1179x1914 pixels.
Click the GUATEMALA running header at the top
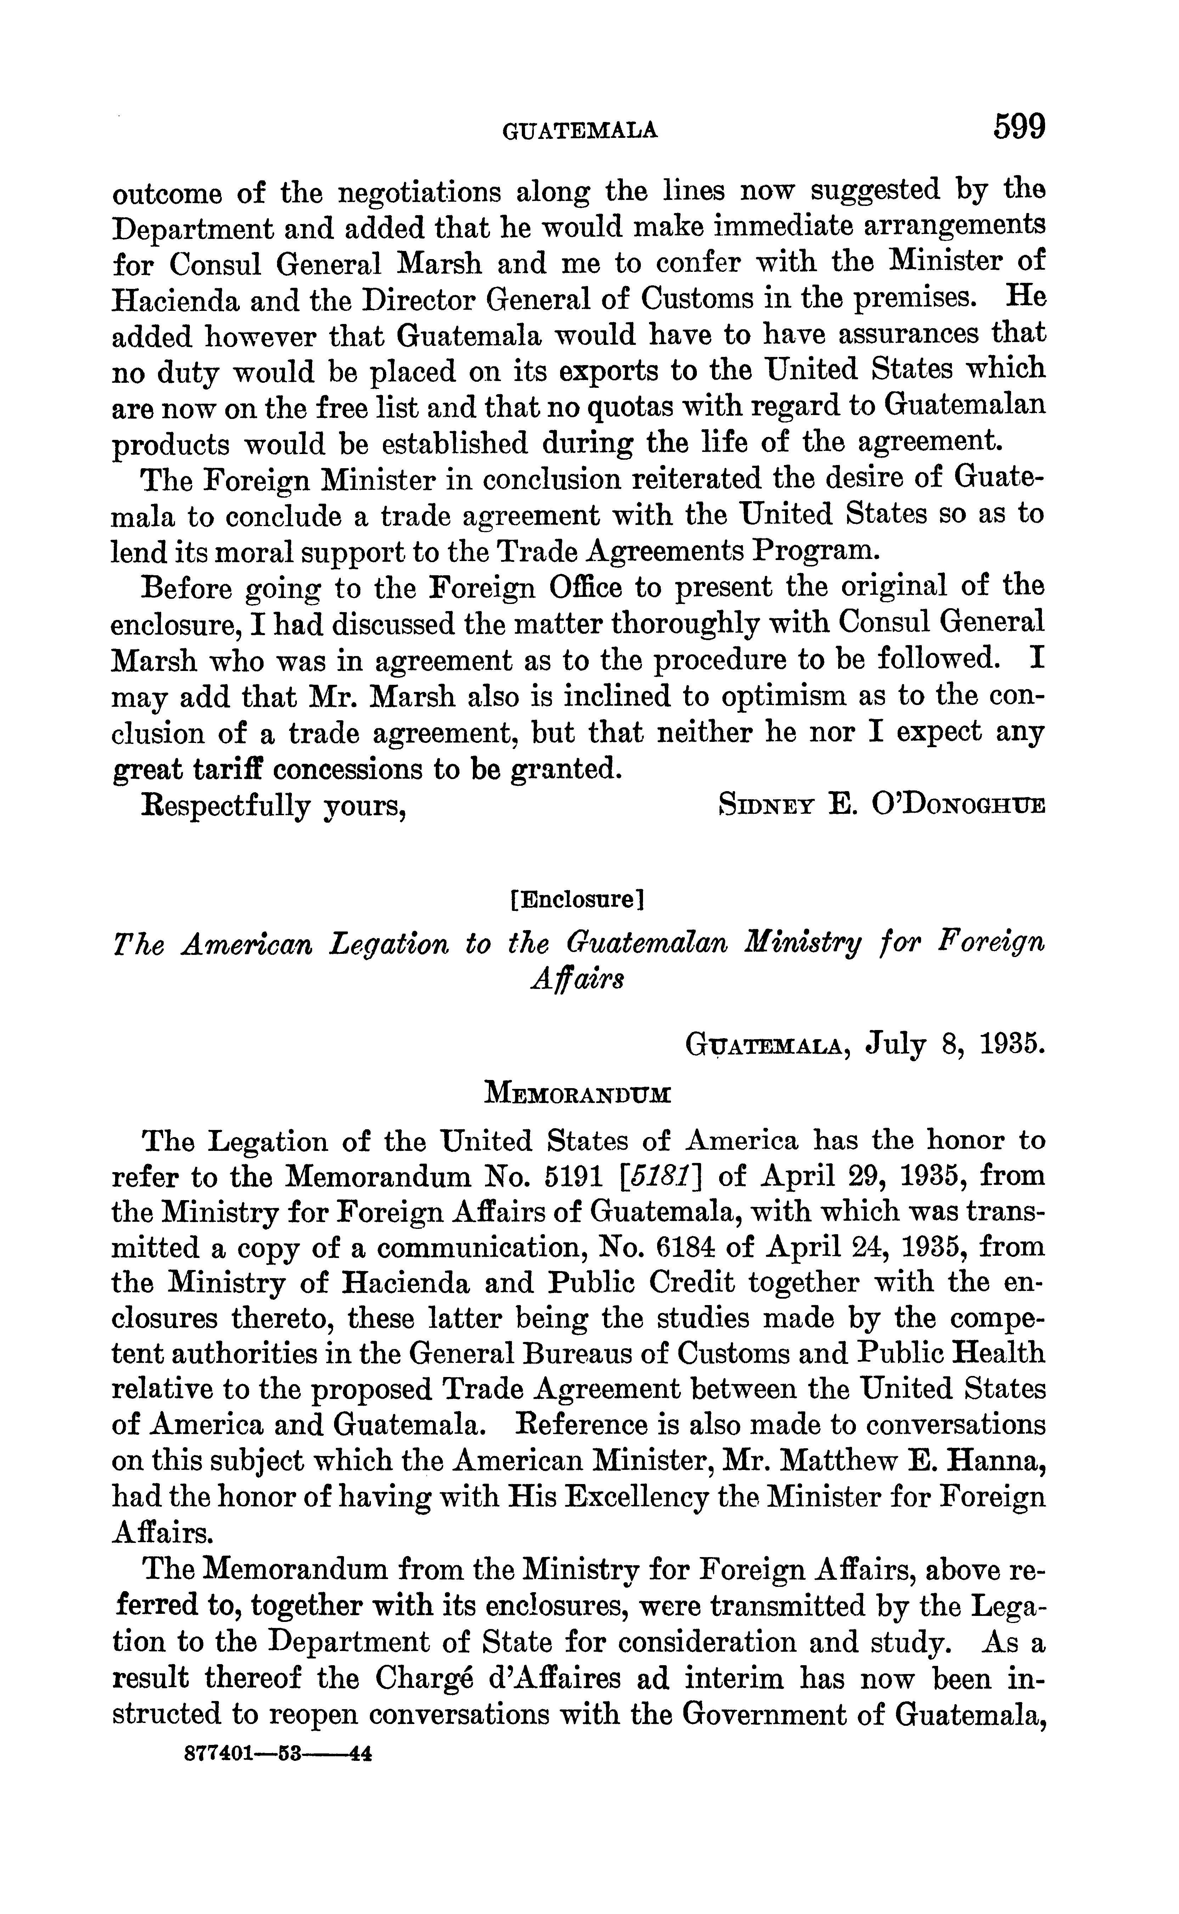click(580, 131)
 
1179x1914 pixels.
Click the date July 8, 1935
click(955, 1043)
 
